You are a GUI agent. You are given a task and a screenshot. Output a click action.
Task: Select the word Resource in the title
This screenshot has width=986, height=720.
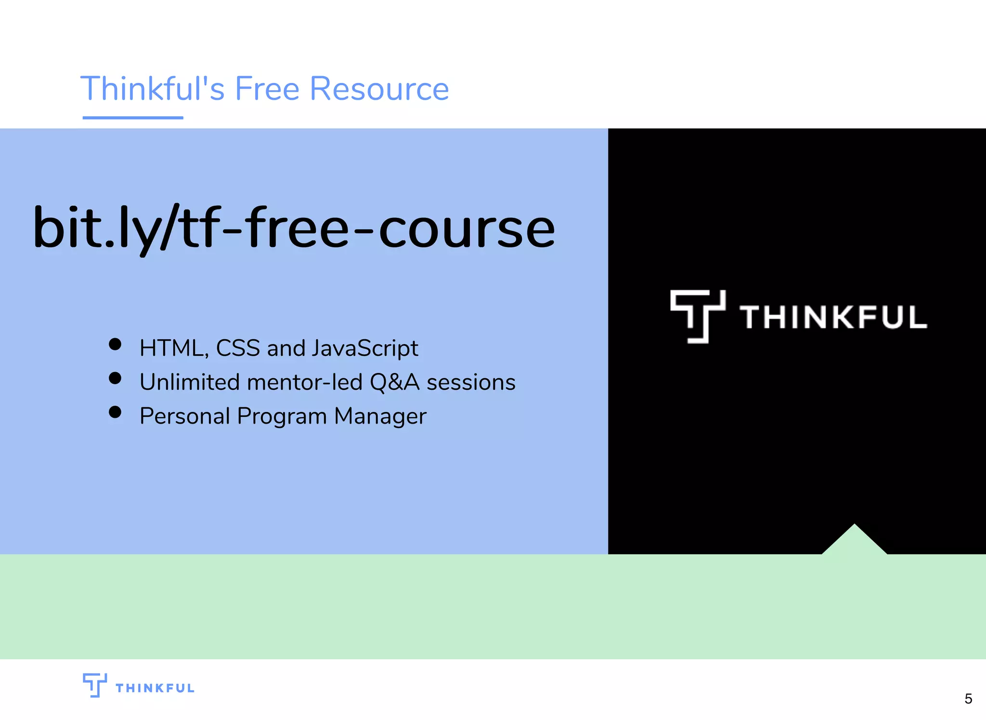point(379,89)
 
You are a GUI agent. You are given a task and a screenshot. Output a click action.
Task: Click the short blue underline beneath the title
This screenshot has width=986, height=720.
point(133,117)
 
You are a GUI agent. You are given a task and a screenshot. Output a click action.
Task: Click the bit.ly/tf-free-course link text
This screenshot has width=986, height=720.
point(294,227)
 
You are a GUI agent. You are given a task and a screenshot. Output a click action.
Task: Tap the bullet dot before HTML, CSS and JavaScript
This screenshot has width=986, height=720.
point(115,344)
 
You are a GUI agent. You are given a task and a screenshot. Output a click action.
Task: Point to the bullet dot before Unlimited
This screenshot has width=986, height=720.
point(115,378)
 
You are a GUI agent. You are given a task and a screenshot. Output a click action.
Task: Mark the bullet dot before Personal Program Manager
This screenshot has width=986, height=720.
point(115,412)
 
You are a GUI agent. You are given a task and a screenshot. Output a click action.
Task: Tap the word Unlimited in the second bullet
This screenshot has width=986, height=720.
point(189,382)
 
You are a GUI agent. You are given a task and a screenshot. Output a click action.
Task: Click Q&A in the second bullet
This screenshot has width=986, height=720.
point(394,382)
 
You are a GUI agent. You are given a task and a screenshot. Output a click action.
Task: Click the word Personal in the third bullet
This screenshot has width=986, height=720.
point(184,416)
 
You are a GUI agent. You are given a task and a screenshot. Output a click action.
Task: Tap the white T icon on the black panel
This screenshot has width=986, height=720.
point(697,316)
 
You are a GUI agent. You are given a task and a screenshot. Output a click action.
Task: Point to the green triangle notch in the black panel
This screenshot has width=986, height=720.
point(854,542)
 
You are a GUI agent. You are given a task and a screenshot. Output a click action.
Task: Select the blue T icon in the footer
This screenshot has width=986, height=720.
point(94,685)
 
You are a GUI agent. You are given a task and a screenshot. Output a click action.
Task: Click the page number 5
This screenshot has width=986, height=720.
point(968,698)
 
